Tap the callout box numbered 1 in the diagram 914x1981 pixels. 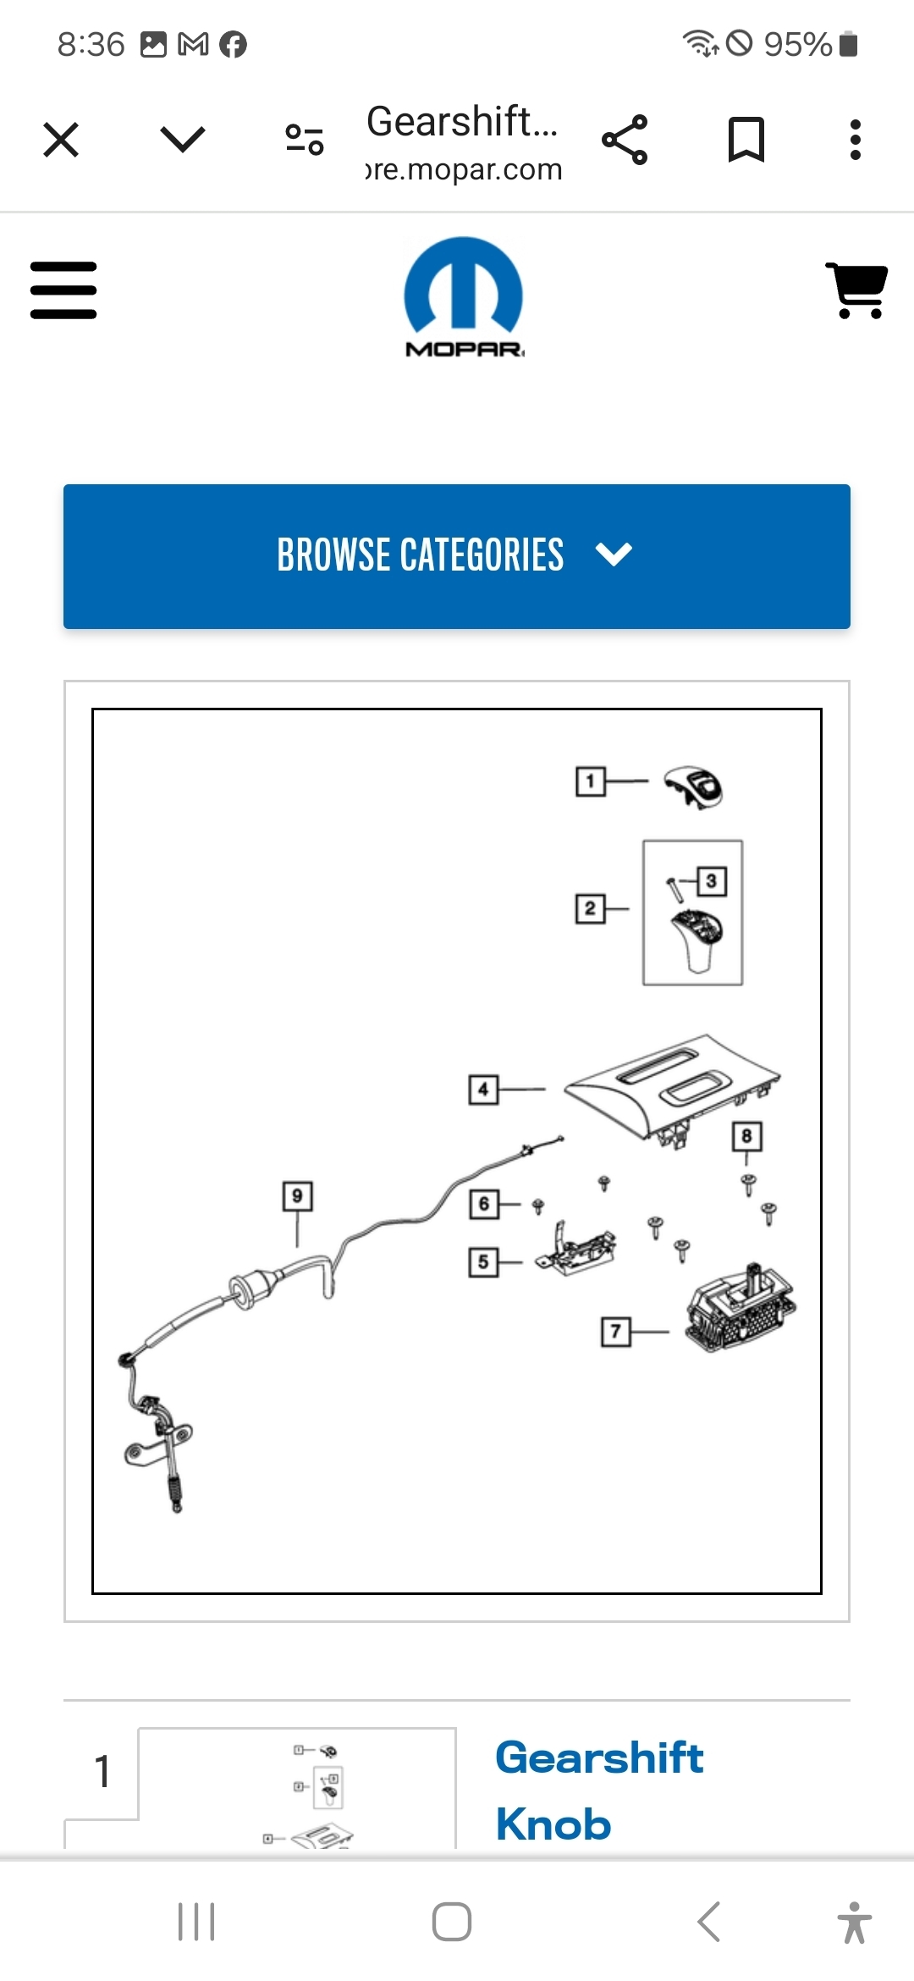pos(590,781)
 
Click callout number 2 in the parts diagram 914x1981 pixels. pos(590,909)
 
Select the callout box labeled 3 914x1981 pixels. pos(711,881)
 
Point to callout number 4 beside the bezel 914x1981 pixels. pos(483,1090)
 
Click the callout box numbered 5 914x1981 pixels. pos(483,1262)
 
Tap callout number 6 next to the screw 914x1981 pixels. pos(484,1204)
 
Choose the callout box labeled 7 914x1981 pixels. pos(615,1332)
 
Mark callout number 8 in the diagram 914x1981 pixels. pos(746,1136)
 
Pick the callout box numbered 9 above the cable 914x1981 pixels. pos(297,1196)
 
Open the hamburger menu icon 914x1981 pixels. pos(63,290)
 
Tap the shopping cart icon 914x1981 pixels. pos(857,290)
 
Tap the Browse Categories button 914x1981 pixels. pos(457,556)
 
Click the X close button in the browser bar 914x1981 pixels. pos(61,140)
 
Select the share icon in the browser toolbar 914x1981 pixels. pos(625,140)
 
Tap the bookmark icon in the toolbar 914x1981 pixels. pos(746,140)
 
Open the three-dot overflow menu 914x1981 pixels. pos(856,140)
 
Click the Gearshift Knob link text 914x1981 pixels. pos(599,1790)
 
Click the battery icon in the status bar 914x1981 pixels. pos(849,44)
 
